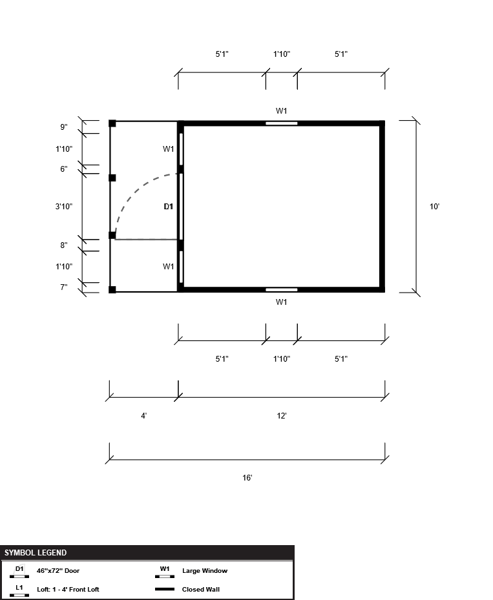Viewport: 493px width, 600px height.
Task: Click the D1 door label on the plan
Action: (x=169, y=207)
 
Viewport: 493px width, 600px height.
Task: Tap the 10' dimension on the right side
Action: (x=434, y=207)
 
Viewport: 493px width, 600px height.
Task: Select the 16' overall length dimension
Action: (x=247, y=477)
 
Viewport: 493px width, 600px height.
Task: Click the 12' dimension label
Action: (x=282, y=415)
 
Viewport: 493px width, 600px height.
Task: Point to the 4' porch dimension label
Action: (x=144, y=415)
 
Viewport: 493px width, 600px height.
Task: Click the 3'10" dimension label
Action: (x=63, y=207)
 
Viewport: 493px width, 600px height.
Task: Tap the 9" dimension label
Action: (x=63, y=127)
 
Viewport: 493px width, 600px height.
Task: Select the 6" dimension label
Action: (x=63, y=169)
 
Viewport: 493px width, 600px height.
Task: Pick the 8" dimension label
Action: (x=63, y=245)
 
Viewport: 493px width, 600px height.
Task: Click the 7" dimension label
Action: (x=63, y=287)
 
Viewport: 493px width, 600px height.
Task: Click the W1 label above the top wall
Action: (x=281, y=111)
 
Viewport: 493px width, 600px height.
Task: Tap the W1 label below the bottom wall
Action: (x=281, y=302)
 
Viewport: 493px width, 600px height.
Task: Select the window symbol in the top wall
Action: (x=281, y=123)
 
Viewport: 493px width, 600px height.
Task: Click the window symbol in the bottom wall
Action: (x=281, y=290)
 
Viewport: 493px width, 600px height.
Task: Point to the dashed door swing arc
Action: (x=136, y=188)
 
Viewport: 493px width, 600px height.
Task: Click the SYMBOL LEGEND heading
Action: (x=36, y=553)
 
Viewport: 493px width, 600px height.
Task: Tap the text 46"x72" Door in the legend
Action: (x=58, y=570)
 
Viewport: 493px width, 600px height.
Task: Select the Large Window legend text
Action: (x=205, y=570)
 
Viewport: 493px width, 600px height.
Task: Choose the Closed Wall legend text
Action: (x=201, y=589)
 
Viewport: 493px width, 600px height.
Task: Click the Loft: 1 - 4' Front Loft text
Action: (x=68, y=589)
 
